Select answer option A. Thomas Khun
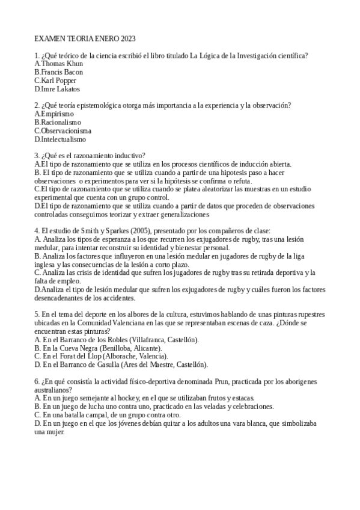tap(59, 64)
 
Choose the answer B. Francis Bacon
tap(58, 72)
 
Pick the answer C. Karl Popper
tap(55, 81)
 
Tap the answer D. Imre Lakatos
tap(57, 89)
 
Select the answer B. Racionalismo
tap(58, 122)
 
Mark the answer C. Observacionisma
tap(63, 131)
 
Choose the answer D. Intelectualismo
tap(60, 139)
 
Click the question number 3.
tap(37, 155)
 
